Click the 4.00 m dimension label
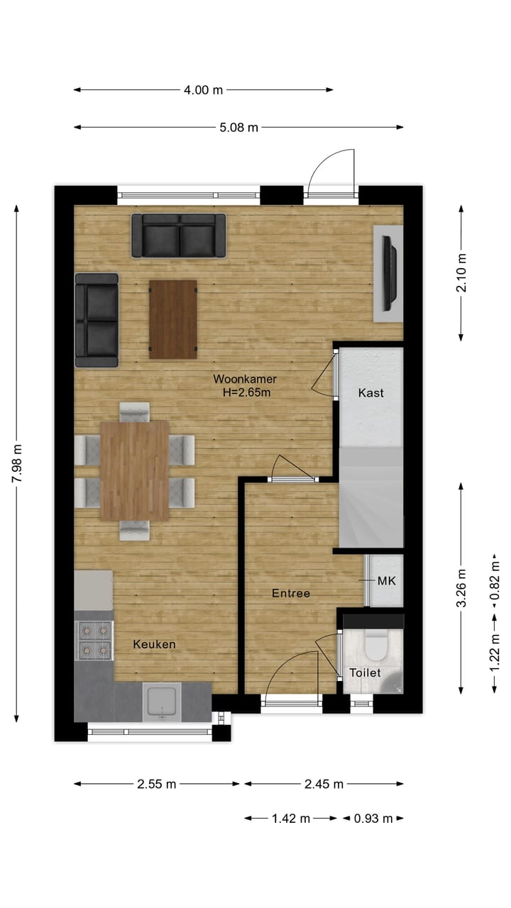click(x=204, y=90)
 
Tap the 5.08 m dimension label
click(x=238, y=128)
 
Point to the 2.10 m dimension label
click(x=461, y=273)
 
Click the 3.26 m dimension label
click(x=461, y=588)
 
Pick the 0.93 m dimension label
click(x=373, y=819)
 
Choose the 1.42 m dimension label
click(x=291, y=819)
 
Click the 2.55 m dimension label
click(x=157, y=784)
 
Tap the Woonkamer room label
click(x=245, y=379)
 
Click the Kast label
click(x=371, y=393)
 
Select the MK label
click(x=386, y=581)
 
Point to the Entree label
click(x=291, y=593)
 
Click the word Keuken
click(x=154, y=644)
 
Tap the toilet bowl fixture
click(x=374, y=645)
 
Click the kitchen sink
click(x=163, y=702)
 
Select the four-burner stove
click(x=94, y=640)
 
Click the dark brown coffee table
click(x=173, y=319)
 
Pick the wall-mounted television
click(x=388, y=273)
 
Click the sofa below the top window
click(x=178, y=236)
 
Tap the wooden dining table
click(x=135, y=470)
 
